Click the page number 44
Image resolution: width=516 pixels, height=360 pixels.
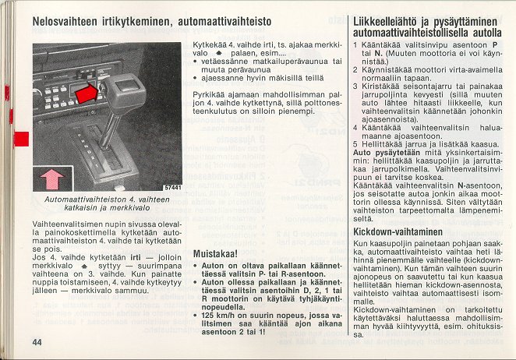point(37,342)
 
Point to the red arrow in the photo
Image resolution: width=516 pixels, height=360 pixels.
point(88,93)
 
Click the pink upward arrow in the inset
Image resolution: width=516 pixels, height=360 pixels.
point(52,178)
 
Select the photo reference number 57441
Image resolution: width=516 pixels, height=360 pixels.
point(171,187)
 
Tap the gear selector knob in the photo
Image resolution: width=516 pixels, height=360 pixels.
point(125,91)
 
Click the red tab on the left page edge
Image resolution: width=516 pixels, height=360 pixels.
point(21,140)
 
